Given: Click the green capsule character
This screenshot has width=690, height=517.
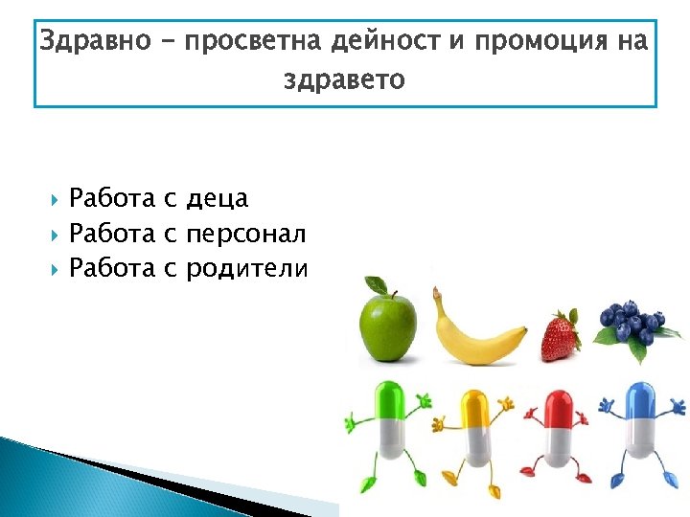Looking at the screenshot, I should click(388, 431).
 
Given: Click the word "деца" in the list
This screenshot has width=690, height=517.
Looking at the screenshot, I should click(218, 199).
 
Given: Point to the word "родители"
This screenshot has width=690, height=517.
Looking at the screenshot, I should click(246, 269).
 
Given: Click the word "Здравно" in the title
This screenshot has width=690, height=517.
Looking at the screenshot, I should click(93, 42).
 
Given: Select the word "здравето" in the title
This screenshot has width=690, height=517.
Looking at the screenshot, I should click(344, 80).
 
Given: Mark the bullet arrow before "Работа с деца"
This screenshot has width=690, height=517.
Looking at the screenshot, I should click(52, 199).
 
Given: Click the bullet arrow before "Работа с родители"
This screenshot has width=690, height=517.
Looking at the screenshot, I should click(52, 269).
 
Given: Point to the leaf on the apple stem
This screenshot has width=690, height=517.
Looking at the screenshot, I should click(377, 284).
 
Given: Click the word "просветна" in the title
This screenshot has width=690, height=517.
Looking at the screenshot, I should click(252, 42).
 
